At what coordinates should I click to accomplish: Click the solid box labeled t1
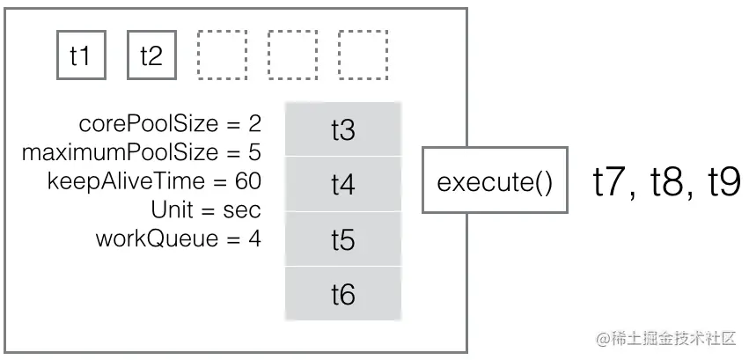coord(81,56)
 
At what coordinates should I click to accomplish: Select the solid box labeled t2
coord(151,56)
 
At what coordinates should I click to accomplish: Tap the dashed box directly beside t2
coord(222,56)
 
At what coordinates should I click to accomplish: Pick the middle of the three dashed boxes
coord(292,56)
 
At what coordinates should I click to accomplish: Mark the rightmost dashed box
coord(363,56)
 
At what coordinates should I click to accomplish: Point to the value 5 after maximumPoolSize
coord(254,152)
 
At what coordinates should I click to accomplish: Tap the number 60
coord(248,181)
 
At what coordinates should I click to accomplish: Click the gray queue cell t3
coord(342,130)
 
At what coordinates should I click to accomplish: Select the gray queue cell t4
coord(342,185)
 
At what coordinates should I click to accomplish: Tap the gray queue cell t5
coord(342,239)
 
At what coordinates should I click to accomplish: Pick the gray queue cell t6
coord(342,294)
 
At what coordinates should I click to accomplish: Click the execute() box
coord(495,182)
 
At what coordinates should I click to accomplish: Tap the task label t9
coord(722,181)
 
